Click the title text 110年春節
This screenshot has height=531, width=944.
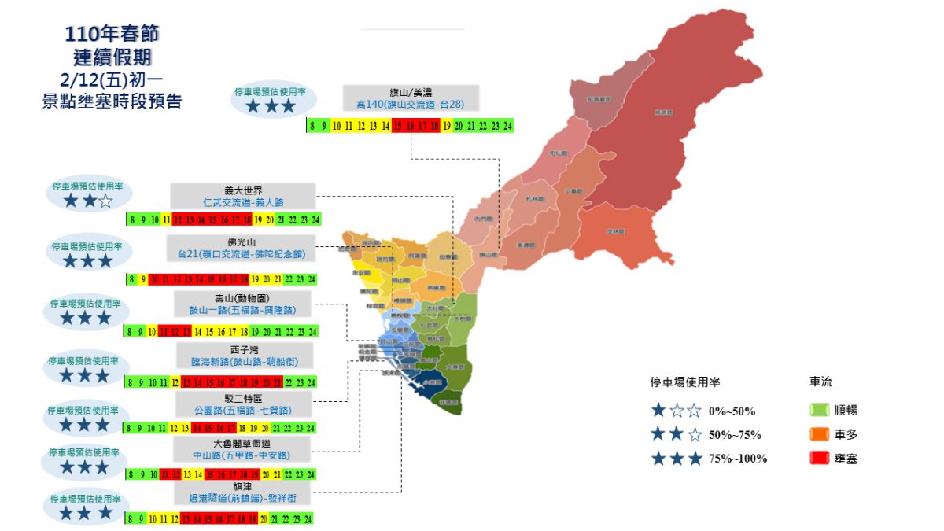[116, 35]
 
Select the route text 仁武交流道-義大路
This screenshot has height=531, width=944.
[242, 202]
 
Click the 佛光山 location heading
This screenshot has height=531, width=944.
[242, 242]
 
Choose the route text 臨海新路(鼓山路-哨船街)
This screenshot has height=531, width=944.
[244, 360]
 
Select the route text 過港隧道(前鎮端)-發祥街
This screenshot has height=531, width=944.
[244, 498]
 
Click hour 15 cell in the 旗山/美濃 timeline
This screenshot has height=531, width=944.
[397, 126]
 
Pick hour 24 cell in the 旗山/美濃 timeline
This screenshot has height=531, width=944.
[507, 126]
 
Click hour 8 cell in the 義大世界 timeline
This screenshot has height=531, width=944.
[131, 219]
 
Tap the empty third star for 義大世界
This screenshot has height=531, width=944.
[105, 203]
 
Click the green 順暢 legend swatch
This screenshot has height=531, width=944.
[819, 410]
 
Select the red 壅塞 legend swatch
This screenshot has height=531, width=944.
[819, 458]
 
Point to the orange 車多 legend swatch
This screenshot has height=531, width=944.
[819, 433]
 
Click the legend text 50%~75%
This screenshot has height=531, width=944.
[735, 434]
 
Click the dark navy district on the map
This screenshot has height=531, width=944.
[429, 382]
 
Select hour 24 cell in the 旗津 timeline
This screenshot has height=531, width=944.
[308, 518]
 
